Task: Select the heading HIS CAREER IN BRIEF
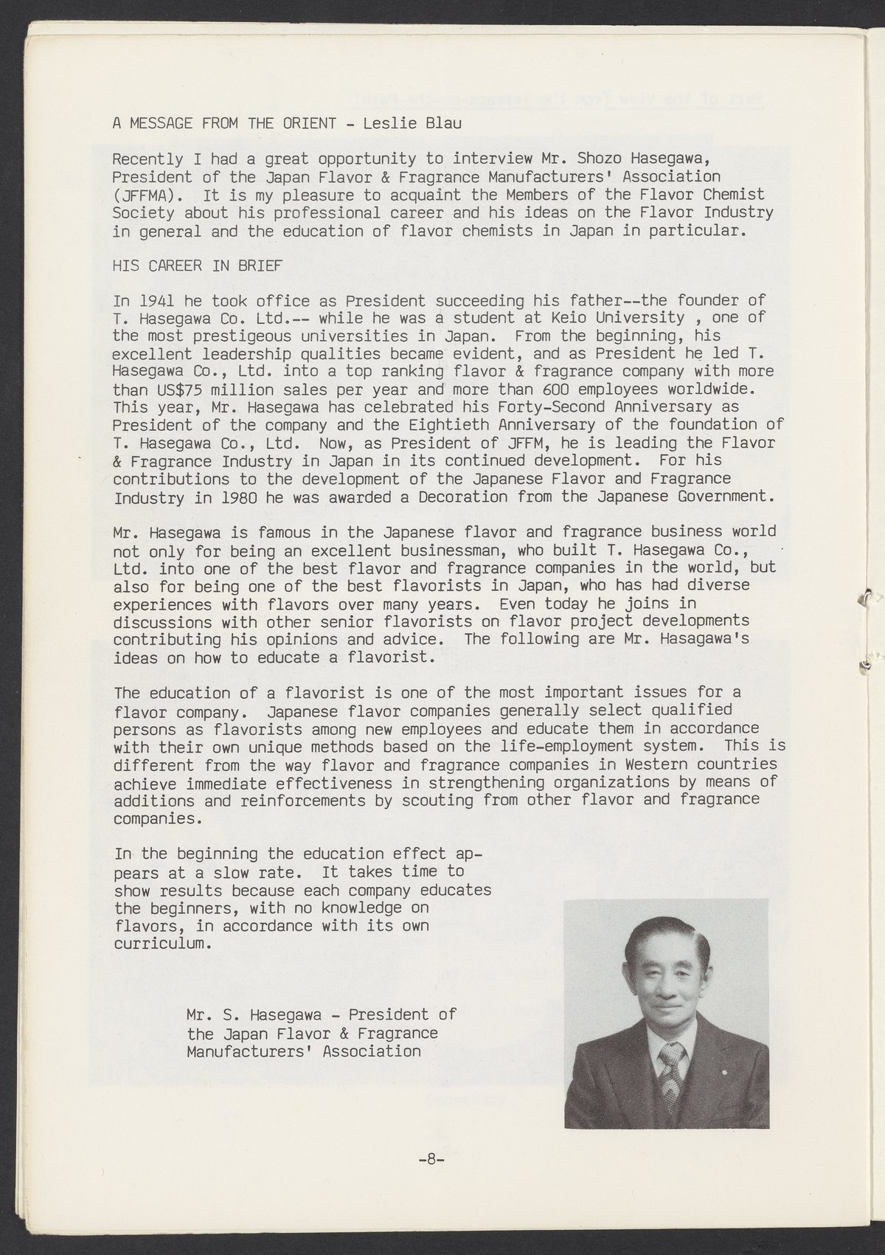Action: click(197, 266)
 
